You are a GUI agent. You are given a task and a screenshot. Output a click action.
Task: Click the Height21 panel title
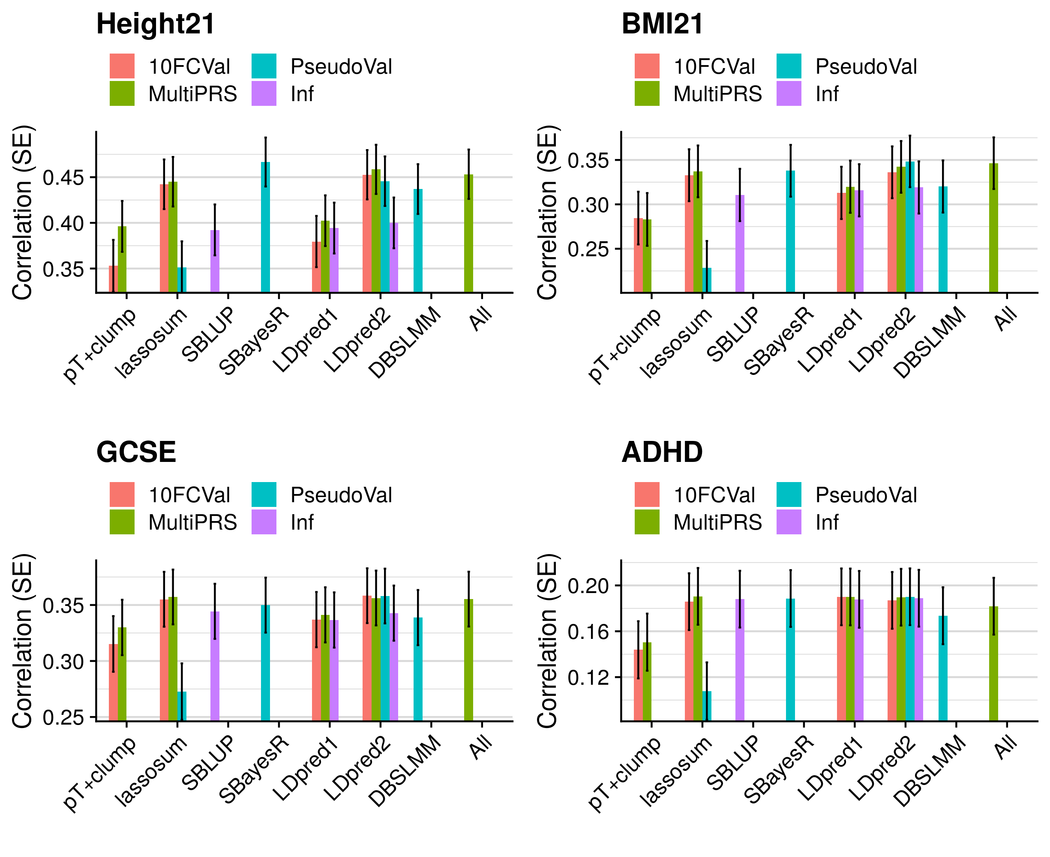coord(156,24)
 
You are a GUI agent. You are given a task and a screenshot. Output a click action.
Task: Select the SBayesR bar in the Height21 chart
coord(266,227)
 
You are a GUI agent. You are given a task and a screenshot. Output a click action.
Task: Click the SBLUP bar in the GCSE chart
coord(215,666)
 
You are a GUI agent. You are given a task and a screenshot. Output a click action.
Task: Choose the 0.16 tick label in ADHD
coord(588,632)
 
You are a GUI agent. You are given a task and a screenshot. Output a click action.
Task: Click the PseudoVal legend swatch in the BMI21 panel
coord(789,66)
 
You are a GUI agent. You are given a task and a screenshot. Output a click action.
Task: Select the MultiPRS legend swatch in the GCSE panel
coord(122,522)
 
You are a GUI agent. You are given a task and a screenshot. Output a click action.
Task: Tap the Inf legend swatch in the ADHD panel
coord(789,522)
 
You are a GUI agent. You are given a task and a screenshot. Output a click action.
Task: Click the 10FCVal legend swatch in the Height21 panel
coord(122,66)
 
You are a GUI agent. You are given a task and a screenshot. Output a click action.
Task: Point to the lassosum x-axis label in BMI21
coord(676,343)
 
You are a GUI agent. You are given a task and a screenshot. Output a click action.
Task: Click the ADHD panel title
coord(662,452)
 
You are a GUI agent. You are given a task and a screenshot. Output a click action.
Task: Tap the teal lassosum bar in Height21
coord(182,280)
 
